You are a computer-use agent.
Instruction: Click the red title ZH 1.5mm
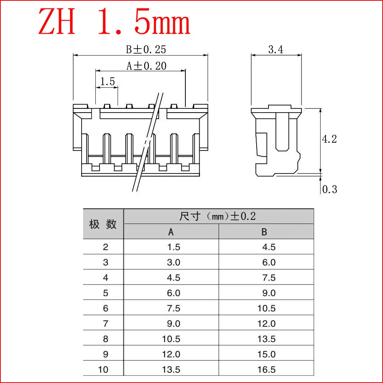coord(114,22)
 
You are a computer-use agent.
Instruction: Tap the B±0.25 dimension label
coord(146,49)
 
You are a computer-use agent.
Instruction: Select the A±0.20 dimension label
coord(146,66)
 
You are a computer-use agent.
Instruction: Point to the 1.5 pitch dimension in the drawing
coord(108,81)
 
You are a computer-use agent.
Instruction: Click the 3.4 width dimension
coord(276,49)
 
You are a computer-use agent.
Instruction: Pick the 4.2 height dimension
coord(329,139)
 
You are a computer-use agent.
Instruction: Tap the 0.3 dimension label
coord(329,189)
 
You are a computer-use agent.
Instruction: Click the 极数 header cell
coord(103,224)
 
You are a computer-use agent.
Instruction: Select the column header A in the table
coord(171,232)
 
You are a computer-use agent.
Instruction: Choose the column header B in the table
coord(264,232)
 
